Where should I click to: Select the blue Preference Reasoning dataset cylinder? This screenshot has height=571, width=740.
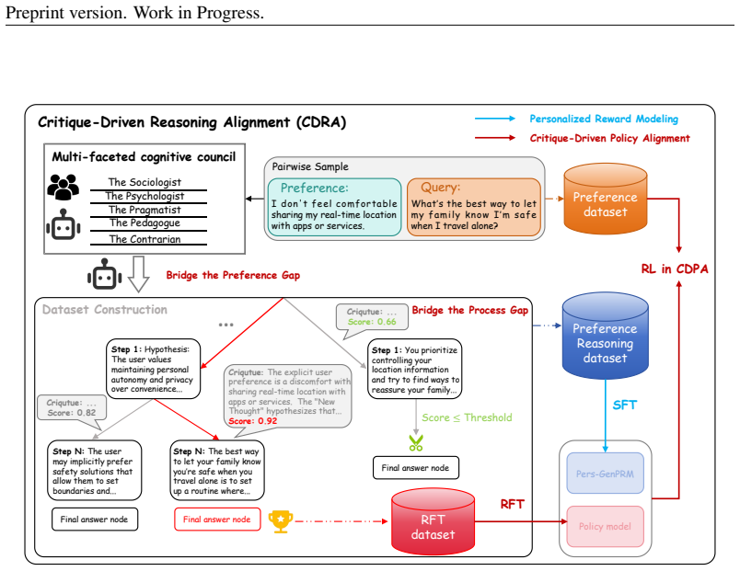tap(605, 337)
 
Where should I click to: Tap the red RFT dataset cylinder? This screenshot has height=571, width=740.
tap(433, 521)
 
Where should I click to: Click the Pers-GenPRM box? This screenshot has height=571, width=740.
tap(605, 474)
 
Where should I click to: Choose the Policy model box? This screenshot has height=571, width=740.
tap(605, 526)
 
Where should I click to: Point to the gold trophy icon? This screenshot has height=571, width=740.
tap(281, 521)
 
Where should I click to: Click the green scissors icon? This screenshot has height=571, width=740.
tap(416, 443)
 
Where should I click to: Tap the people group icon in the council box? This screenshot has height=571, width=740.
tap(64, 187)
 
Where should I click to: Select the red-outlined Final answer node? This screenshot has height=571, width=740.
tap(217, 520)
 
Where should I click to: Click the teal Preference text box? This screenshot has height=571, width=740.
tap(334, 207)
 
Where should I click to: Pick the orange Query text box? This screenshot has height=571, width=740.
tap(474, 207)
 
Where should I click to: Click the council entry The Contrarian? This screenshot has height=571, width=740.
tap(145, 239)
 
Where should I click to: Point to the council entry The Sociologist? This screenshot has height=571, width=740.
tap(145, 182)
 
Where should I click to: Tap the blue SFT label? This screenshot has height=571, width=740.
tap(624, 405)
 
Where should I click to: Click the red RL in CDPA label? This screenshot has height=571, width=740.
tap(675, 268)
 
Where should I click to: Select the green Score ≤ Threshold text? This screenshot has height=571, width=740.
tap(467, 417)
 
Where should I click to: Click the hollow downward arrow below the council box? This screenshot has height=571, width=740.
tap(139, 274)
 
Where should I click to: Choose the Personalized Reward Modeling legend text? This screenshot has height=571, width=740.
tap(604, 119)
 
